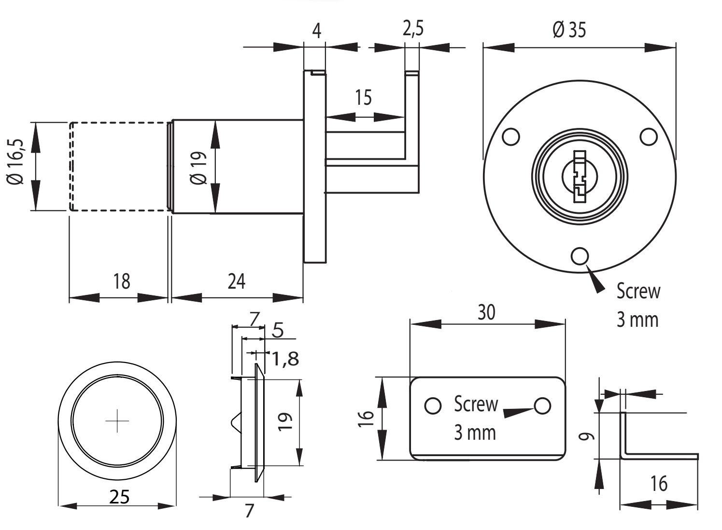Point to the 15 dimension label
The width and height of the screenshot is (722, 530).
(x=363, y=98)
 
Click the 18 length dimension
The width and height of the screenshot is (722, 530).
(x=122, y=281)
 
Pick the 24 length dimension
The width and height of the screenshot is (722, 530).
(x=236, y=281)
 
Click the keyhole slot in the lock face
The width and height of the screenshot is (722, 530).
(x=579, y=176)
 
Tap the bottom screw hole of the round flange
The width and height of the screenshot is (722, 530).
(x=580, y=256)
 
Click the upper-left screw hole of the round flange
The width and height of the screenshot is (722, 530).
(x=510, y=137)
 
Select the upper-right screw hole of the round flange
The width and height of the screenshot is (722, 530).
(x=649, y=137)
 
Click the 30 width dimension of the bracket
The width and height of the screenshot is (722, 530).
(x=486, y=313)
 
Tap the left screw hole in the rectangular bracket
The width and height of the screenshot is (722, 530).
(x=433, y=405)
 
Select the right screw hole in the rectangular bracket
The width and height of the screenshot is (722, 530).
(x=543, y=405)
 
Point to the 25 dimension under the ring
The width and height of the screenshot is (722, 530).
(x=119, y=497)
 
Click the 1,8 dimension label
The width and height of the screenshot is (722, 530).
(x=285, y=359)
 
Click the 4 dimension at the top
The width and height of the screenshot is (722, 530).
(x=316, y=31)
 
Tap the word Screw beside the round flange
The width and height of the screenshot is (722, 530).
(x=638, y=292)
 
